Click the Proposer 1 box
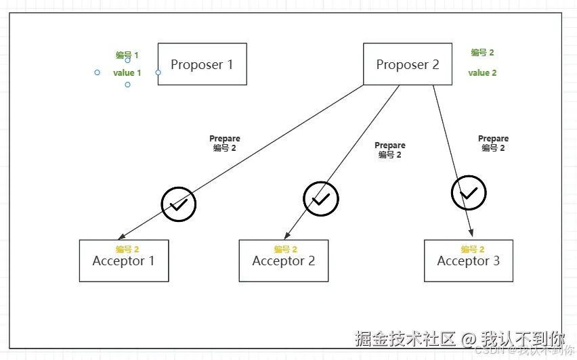tap(202, 64)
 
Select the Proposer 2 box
tap(408, 64)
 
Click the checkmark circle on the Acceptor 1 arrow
tap(178, 204)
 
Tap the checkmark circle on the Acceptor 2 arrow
tap(321, 198)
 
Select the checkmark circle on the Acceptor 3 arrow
tap(469, 193)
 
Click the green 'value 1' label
tap(127, 72)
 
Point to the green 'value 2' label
tap(482, 72)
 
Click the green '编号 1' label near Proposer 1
tap(127, 55)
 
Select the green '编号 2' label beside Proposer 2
tap(482, 52)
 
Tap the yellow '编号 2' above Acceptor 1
tap(127, 249)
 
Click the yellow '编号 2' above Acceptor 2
tap(285, 249)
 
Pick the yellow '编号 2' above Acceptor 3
tap(472, 249)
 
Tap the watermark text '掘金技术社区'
tap(404, 338)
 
